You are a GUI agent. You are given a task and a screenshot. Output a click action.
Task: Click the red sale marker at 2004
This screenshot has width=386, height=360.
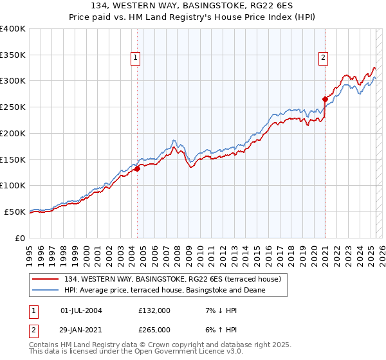tap(137, 169)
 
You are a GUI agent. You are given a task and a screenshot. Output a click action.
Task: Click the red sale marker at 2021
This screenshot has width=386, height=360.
tap(325, 99)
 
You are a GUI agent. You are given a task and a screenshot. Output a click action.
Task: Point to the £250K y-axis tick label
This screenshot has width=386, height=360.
tap(12, 107)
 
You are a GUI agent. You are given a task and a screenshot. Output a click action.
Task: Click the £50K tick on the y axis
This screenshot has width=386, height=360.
tap(15, 212)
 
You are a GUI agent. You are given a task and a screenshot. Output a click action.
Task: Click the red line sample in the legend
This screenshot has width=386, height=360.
tap(46, 280)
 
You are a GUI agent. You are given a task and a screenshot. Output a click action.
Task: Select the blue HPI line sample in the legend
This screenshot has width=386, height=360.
tap(46, 291)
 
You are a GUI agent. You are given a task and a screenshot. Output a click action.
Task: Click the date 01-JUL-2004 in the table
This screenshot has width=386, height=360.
tap(81, 310)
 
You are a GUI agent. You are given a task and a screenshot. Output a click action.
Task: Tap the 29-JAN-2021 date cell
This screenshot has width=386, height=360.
tap(81, 329)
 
